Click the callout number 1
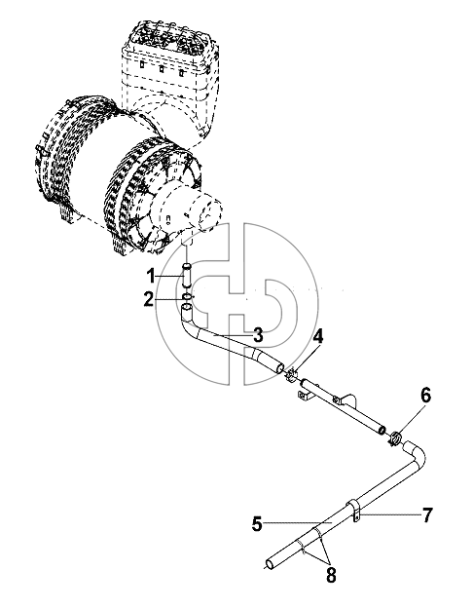coord(152,277)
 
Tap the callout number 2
coord(149,300)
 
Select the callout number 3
coord(258,335)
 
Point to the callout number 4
coord(318,336)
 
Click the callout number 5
coord(257,524)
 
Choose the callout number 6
coord(425,396)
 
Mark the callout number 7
coord(427,515)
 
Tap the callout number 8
coord(331,576)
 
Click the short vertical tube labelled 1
coord(187,276)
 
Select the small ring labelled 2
coord(187,296)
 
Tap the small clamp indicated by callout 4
coord(292,374)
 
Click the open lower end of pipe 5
coord(270,564)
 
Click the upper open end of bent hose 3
coord(187,308)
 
